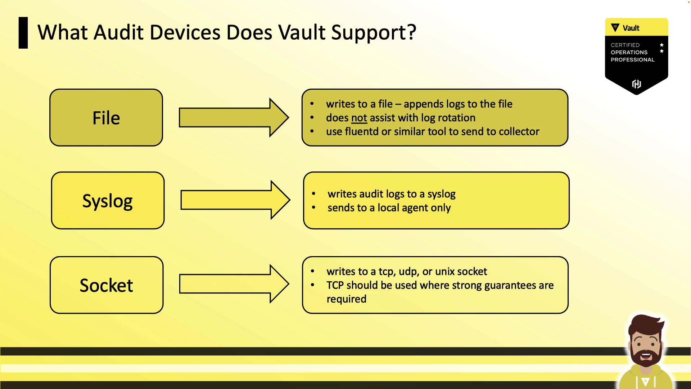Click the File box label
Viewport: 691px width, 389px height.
click(x=106, y=118)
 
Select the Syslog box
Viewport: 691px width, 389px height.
click(x=108, y=200)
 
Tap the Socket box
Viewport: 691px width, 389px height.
click(x=107, y=285)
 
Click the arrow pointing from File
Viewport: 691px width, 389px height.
click(x=234, y=117)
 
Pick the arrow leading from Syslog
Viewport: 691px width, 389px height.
click(x=235, y=200)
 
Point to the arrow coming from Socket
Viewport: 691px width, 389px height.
click(x=234, y=284)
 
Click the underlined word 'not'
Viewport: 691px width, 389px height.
click(x=359, y=118)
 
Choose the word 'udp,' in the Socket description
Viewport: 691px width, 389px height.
click(x=409, y=272)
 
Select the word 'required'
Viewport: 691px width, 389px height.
click(x=346, y=299)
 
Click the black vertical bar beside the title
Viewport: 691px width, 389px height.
click(x=23, y=33)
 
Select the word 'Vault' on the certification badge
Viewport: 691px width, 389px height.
click(x=631, y=28)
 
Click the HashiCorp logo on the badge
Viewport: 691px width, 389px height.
click(x=636, y=84)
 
